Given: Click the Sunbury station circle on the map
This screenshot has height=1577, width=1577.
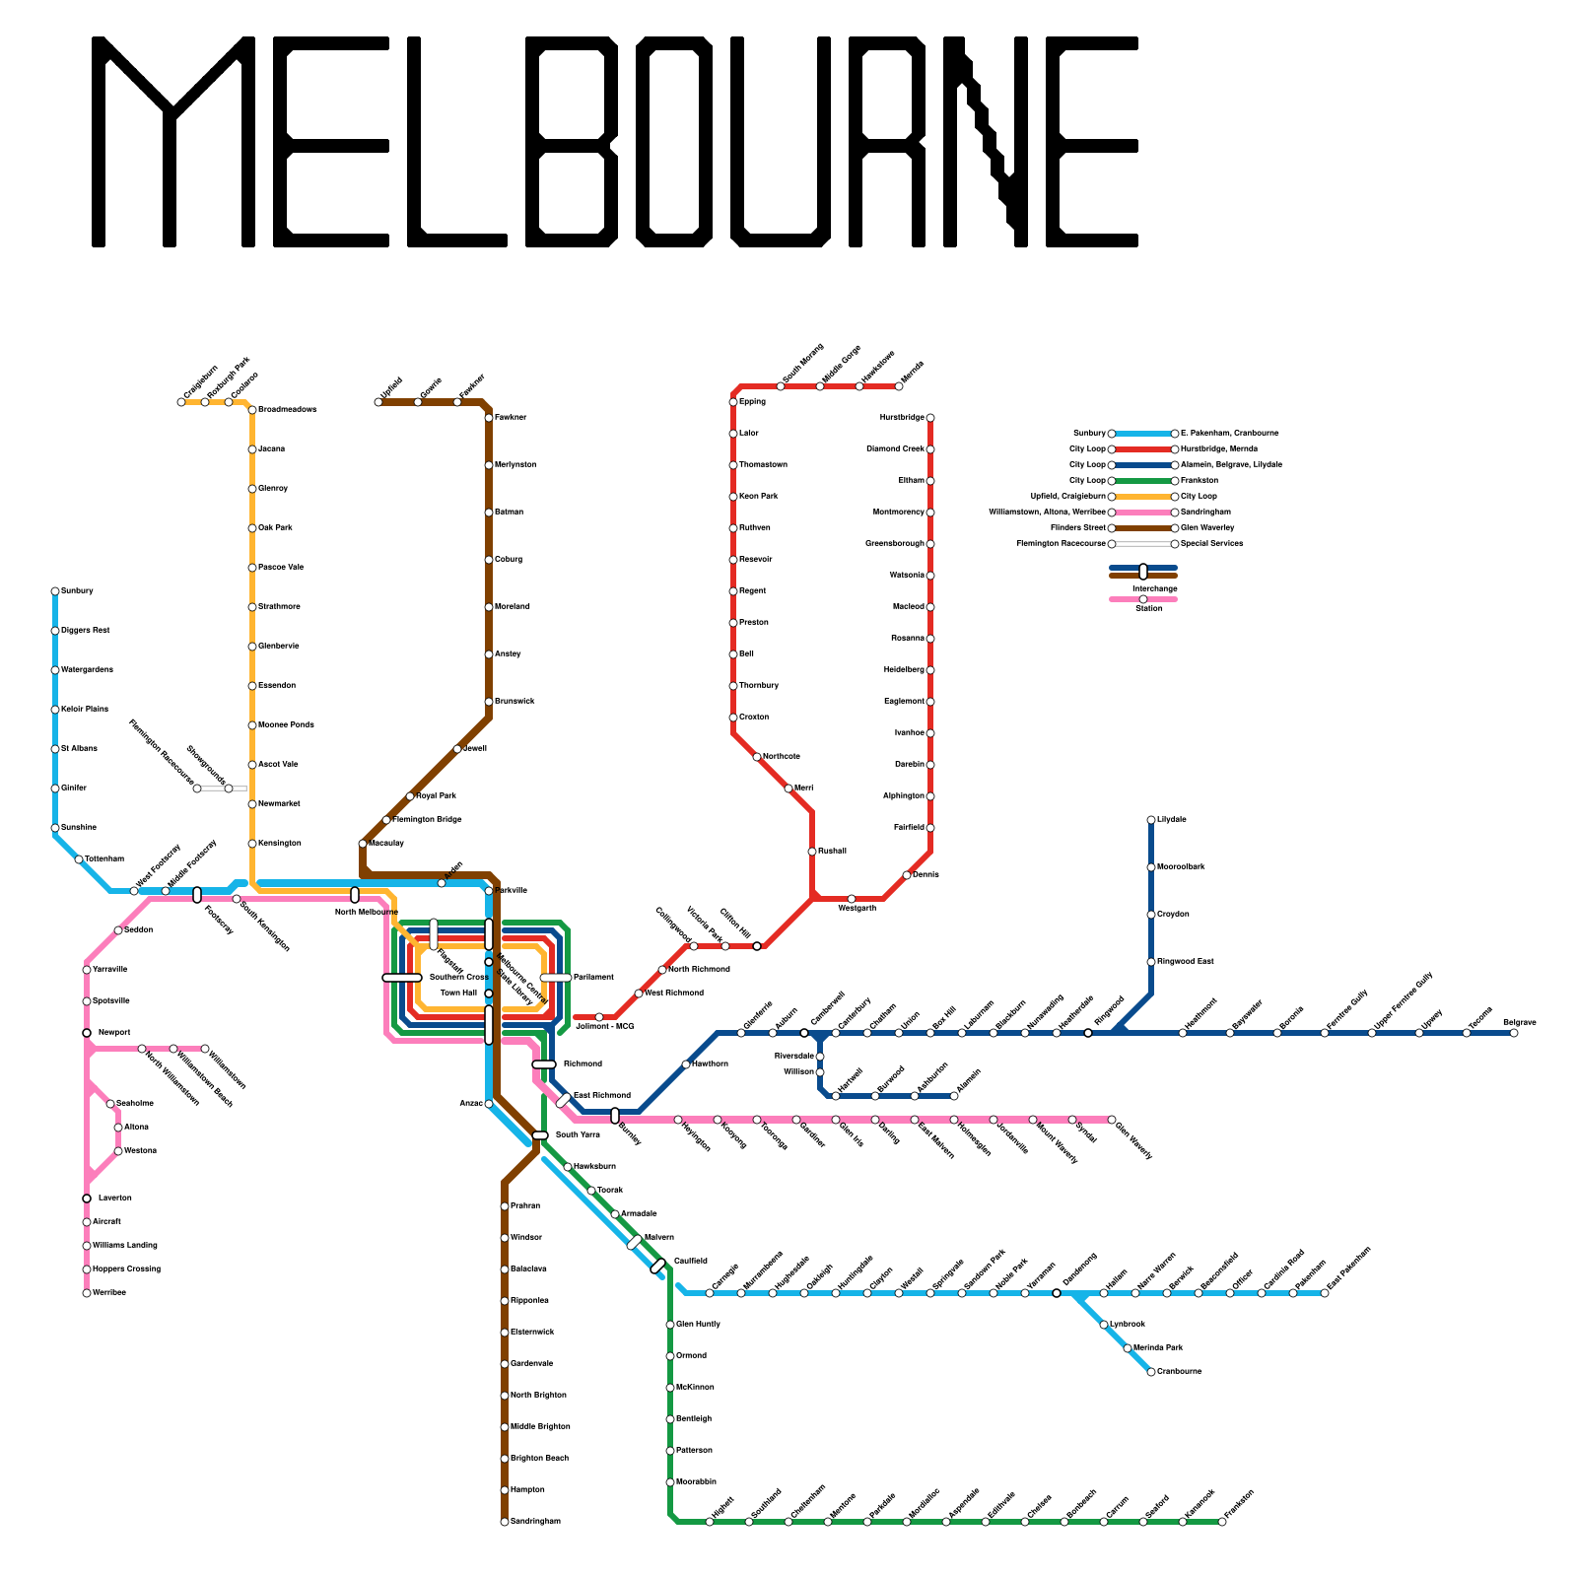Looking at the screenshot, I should [55, 591].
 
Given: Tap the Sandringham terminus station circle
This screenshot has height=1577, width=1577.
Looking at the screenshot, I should [505, 1522].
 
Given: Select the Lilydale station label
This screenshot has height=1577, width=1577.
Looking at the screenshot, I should [1172, 820].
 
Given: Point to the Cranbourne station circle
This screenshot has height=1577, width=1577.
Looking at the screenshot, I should [1151, 1372].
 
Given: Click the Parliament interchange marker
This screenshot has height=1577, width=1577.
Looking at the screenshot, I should [556, 978].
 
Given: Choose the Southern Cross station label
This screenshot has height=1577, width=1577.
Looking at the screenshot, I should [458, 978].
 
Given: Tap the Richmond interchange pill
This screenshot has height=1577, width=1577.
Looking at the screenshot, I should [544, 1064].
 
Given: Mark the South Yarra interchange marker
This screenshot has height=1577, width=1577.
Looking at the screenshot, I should [540, 1135].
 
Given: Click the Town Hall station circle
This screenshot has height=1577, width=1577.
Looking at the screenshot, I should [489, 994].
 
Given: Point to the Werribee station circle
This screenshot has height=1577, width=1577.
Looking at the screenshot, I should [87, 1293].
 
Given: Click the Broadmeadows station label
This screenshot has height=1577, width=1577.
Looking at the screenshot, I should [287, 410].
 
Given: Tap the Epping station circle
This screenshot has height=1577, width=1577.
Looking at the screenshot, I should [733, 402].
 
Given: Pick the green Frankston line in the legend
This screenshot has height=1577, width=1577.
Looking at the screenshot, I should [1143, 481].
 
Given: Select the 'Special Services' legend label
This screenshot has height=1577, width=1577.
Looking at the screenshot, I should [1211, 544].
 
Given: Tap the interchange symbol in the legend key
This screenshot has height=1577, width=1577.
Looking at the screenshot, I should [1143, 572].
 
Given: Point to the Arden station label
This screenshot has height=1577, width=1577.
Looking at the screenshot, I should [453, 871].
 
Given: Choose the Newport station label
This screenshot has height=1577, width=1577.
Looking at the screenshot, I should [114, 1033].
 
